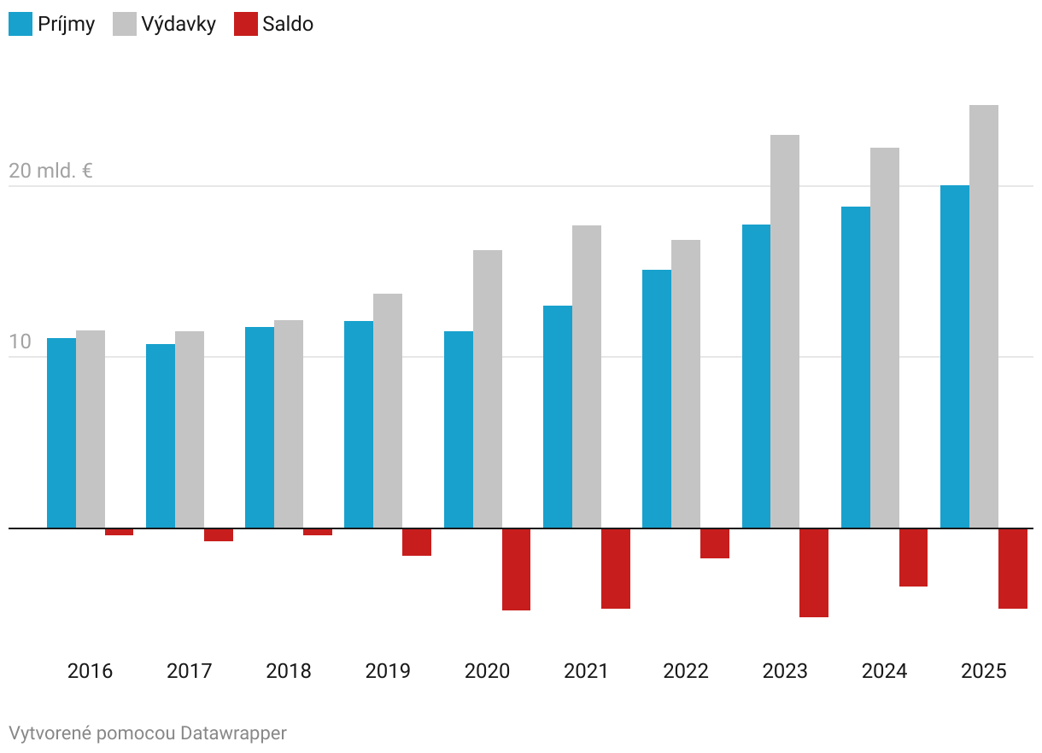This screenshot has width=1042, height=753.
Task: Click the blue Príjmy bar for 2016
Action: coord(61,433)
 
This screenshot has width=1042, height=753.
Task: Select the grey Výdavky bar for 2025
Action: coord(984,316)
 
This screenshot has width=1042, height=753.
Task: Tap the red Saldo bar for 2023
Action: coord(814,572)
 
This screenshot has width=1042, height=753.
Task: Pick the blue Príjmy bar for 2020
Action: coord(459,429)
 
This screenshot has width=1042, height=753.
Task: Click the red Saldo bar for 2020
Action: coord(516,569)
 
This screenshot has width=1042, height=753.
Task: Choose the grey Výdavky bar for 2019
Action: coord(388,411)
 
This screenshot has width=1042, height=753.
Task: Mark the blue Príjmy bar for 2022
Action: coord(657,399)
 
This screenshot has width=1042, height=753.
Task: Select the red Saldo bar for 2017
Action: coord(219,534)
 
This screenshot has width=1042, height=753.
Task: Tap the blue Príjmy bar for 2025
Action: coord(955,357)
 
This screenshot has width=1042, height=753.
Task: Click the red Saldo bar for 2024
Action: coord(913,557)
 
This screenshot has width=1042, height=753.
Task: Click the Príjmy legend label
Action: coord(67,24)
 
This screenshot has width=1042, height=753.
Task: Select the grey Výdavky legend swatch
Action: coord(124,24)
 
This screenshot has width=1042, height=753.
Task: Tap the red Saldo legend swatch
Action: coord(245,24)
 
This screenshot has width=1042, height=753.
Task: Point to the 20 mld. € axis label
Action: coord(51,171)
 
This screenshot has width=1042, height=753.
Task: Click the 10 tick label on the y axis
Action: coord(20,342)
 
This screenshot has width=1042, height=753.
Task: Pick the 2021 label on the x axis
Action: coord(586,671)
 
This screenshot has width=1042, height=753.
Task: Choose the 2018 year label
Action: coord(289,671)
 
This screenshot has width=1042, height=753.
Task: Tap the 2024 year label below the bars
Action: coord(884,671)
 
